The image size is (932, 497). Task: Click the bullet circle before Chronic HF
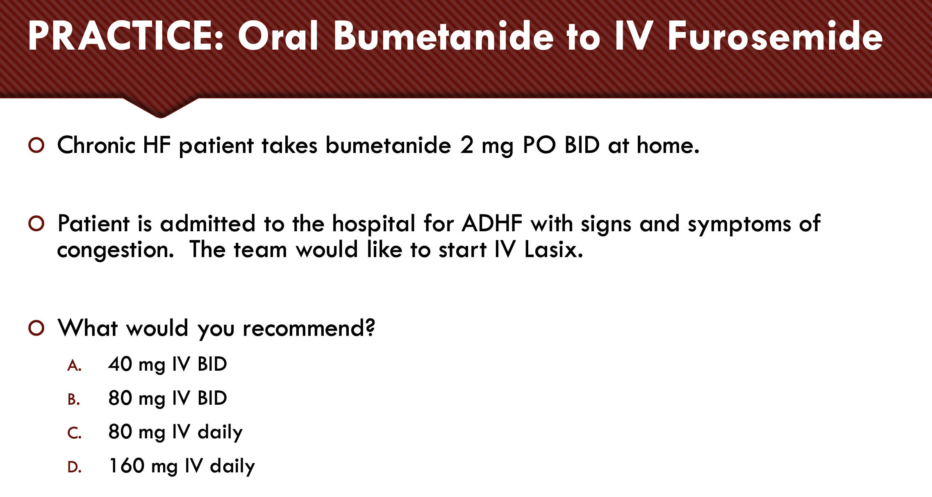click(x=36, y=145)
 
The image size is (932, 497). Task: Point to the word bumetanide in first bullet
click(x=388, y=145)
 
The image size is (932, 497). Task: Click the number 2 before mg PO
click(x=466, y=145)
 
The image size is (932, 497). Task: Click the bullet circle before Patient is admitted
click(x=36, y=223)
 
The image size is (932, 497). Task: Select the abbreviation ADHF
click(x=492, y=223)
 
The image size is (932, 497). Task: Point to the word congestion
click(x=115, y=250)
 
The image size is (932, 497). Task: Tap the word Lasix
click(x=553, y=249)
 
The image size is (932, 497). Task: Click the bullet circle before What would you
click(x=36, y=328)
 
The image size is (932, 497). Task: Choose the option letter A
click(x=74, y=365)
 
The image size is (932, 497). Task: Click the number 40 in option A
click(x=120, y=364)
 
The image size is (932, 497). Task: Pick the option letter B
click(x=73, y=399)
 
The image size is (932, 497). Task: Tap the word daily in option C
click(x=220, y=432)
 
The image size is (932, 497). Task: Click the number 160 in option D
click(x=126, y=466)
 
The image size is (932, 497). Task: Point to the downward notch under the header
click(x=161, y=109)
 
